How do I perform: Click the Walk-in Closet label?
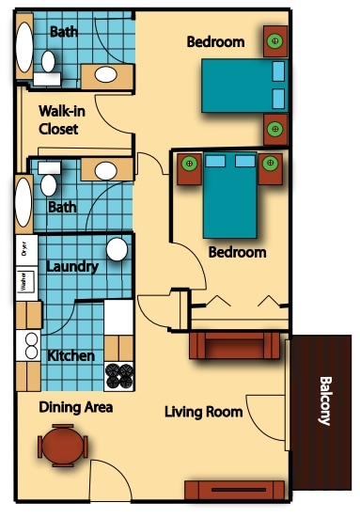pyautogui.click(x=58, y=119)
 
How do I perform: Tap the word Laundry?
pyautogui.click(x=71, y=267)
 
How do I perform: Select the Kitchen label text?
pyautogui.click(x=70, y=356)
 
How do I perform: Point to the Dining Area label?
pyautogui.click(x=75, y=408)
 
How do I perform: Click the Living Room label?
pyautogui.click(x=203, y=412)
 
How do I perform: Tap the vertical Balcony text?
pyautogui.click(x=324, y=401)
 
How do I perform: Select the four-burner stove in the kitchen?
pyautogui.click(x=119, y=376)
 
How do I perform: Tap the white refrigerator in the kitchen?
pyautogui.click(x=118, y=318)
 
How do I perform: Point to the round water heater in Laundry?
pyautogui.click(x=117, y=250)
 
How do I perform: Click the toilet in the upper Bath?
pyautogui.click(x=48, y=63)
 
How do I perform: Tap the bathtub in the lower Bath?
pyautogui.click(x=23, y=202)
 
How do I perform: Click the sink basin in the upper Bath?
pyautogui.click(x=106, y=74)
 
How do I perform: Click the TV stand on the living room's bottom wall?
pyautogui.click(x=233, y=490)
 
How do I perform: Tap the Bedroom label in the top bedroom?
pyautogui.click(x=215, y=42)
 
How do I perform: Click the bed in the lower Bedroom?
pyautogui.click(x=229, y=196)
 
